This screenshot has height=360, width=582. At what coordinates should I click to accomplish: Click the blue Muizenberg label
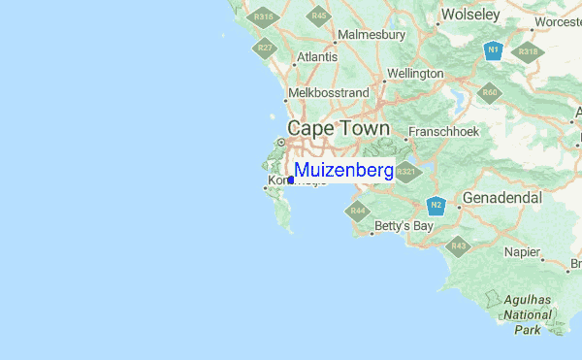click(343, 171)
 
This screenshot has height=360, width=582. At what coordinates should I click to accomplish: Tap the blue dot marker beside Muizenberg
click(291, 179)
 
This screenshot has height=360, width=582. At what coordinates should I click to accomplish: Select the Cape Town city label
click(339, 129)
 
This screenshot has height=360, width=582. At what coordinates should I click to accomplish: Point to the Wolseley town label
click(469, 15)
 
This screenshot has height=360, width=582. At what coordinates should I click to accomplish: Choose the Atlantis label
click(317, 57)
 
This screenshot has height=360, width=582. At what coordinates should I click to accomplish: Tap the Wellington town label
click(414, 74)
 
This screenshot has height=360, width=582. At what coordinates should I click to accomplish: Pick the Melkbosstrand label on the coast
click(330, 92)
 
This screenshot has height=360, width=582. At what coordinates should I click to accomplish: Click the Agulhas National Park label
click(528, 315)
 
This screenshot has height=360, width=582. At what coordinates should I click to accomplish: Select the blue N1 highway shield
click(493, 49)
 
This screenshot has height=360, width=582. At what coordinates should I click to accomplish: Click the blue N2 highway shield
click(436, 206)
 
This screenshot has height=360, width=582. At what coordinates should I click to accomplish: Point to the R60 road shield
click(490, 93)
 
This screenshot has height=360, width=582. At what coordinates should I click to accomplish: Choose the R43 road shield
click(458, 246)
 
